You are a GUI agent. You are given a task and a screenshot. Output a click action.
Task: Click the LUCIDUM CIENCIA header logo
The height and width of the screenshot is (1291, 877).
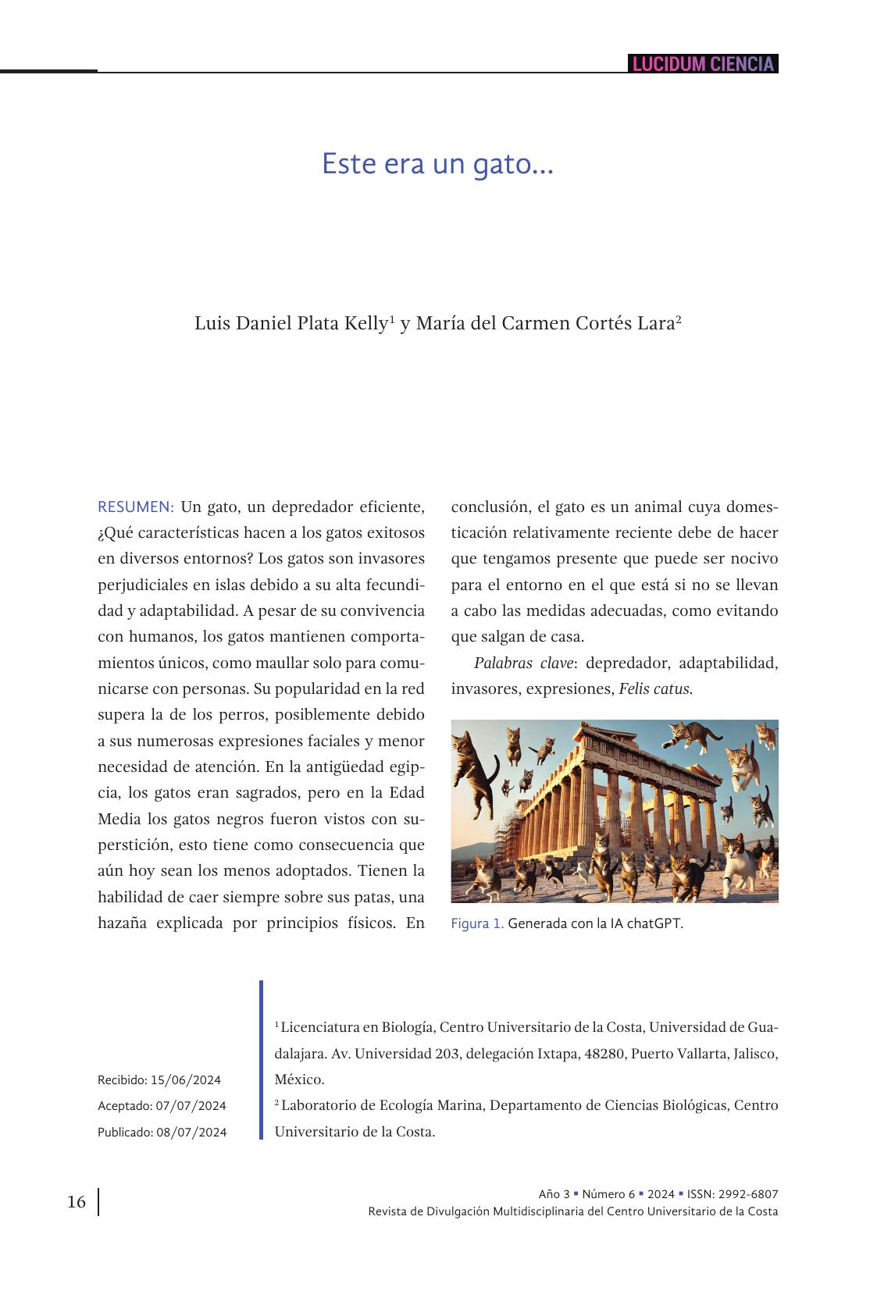click(702, 64)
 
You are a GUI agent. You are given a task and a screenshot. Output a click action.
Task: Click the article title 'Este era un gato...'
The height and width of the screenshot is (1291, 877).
click(437, 165)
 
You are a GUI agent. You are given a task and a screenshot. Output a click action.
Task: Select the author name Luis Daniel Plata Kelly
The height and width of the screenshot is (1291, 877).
click(290, 323)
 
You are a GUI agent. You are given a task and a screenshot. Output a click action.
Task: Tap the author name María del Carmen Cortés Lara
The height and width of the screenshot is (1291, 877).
click(544, 323)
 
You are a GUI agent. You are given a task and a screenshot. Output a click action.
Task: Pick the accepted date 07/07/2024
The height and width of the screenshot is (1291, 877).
click(191, 1106)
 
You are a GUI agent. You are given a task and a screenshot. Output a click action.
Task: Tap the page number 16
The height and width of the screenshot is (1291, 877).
click(77, 1202)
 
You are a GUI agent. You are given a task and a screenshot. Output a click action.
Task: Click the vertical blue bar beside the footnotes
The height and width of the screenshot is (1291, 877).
click(262, 1060)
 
